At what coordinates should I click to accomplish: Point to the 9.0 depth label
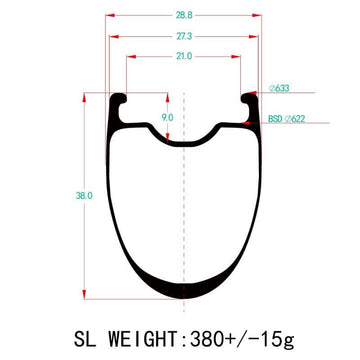[167, 118]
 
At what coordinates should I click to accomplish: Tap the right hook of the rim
[244, 101]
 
